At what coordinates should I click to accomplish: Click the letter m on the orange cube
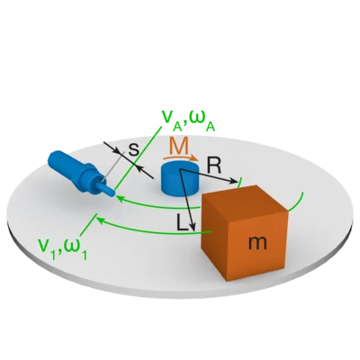tap(257, 243)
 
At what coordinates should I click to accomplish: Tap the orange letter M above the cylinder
tap(178, 145)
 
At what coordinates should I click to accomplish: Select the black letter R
tap(214, 166)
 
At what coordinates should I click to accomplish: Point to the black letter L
tap(182, 223)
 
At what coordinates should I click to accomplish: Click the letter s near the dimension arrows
tap(134, 149)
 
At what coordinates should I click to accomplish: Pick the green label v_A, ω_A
tap(188, 121)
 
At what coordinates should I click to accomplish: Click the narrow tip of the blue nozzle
tap(111, 193)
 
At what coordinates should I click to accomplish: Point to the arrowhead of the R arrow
tap(234, 181)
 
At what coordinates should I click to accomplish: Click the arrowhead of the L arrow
tap(193, 227)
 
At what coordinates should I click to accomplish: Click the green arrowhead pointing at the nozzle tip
tap(119, 198)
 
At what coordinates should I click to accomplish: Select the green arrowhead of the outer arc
tap(99, 220)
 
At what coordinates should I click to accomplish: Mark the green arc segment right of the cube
tap(298, 203)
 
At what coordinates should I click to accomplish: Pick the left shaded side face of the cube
tap(214, 237)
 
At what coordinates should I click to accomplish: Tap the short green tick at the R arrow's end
tap(239, 183)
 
